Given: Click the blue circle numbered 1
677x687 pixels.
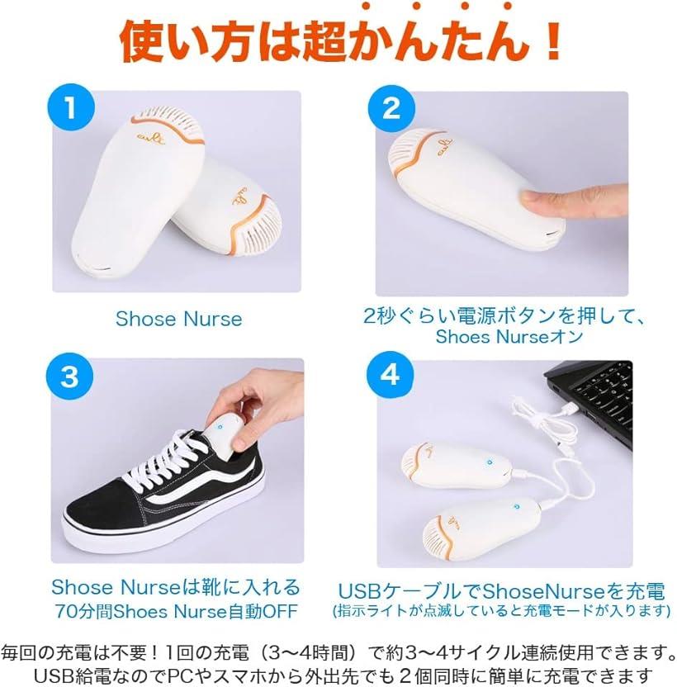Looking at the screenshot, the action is click(x=71, y=107).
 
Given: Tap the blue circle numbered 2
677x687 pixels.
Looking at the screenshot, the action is click(x=391, y=108).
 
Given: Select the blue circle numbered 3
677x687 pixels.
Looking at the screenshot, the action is click(x=69, y=376).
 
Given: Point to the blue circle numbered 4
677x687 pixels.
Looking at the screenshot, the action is click(x=390, y=375).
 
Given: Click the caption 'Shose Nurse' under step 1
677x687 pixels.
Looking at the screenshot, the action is click(x=179, y=319).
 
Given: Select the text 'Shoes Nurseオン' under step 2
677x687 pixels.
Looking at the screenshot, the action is click(x=509, y=337).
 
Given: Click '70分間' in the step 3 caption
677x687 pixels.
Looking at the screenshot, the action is click(x=83, y=611).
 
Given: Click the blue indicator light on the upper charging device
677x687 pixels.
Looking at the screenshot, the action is click(x=490, y=462).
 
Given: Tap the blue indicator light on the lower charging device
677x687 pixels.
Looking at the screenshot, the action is click(x=516, y=506).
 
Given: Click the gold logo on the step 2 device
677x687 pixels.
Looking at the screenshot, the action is click(x=444, y=147).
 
